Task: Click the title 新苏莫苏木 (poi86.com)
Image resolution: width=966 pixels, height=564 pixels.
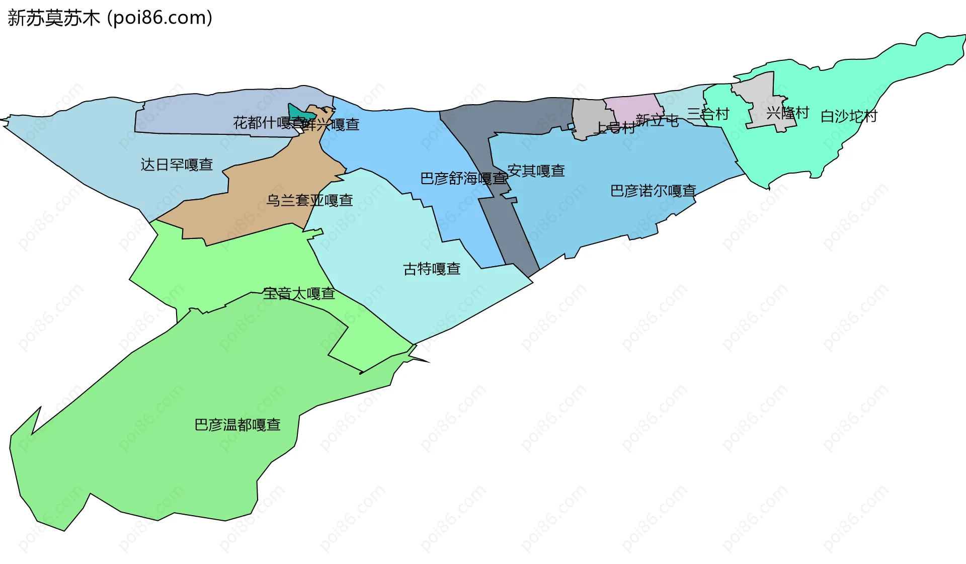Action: pyautogui.click(x=110, y=18)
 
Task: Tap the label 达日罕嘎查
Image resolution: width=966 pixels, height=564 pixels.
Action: pyautogui.click(x=177, y=165)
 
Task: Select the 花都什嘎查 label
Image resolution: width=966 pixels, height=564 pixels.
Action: pyautogui.click(x=267, y=122)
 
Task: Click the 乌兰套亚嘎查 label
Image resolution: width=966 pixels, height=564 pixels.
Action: pyautogui.click(x=309, y=200)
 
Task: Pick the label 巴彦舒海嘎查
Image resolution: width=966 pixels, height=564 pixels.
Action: pyautogui.click(x=463, y=178)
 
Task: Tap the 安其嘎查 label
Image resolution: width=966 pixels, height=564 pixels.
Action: pyautogui.click(x=536, y=171)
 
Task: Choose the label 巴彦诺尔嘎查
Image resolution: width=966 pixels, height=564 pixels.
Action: pyautogui.click(x=653, y=191)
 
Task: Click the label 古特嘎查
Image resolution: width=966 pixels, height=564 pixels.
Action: pyautogui.click(x=432, y=269)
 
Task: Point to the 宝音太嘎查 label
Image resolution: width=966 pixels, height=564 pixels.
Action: pyautogui.click(x=299, y=293)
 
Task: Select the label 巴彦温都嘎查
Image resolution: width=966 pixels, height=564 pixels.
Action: pyautogui.click(x=237, y=425)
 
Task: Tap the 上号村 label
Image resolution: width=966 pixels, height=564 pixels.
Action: pyautogui.click(x=615, y=127)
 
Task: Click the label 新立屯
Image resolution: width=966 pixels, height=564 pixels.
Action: pyautogui.click(x=657, y=120)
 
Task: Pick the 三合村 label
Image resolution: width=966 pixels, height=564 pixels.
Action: pyautogui.click(x=708, y=114)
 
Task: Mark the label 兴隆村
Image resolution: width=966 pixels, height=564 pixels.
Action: pyautogui.click(x=787, y=113)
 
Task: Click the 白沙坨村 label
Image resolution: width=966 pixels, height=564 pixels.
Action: pyautogui.click(x=849, y=116)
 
